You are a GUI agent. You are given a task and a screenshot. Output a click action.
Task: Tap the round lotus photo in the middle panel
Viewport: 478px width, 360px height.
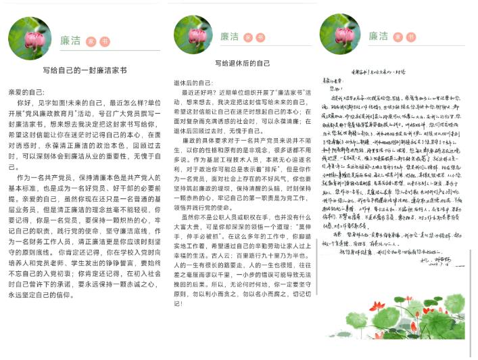[x=193, y=35]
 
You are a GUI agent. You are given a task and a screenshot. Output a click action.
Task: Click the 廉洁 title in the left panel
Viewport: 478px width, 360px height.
[x=70, y=41]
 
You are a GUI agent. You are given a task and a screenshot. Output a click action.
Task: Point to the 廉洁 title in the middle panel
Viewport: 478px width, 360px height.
[x=230, y=37]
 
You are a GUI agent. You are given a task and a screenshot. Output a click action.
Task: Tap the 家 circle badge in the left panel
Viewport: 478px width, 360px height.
[x=90, y=41]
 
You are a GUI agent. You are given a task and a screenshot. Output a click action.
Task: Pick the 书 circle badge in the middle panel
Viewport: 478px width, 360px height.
[x=264, y=37]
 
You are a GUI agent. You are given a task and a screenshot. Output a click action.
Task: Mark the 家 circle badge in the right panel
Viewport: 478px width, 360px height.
[x=398, y=37]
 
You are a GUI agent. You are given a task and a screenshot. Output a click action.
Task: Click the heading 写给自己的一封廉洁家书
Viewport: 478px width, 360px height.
[x=85, y=70]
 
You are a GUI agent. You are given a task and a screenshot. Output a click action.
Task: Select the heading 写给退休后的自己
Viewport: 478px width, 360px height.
[x=242, y=63]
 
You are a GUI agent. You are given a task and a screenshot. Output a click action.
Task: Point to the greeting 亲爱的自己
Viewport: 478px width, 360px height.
[x=26, y=90]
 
